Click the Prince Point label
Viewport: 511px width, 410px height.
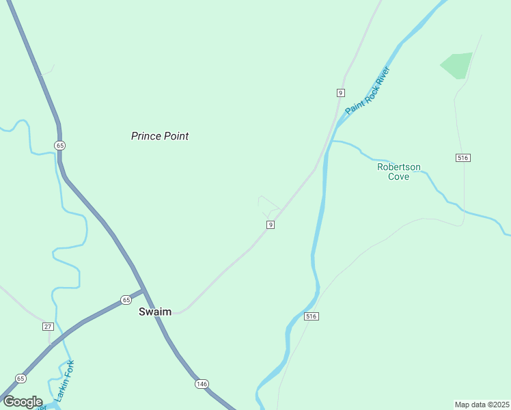[x=160, y=136]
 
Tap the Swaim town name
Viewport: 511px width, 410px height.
[x=155, y=312]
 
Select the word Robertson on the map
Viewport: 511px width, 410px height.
[x=399, y=167]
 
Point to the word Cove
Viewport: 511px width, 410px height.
[x=399, y=176]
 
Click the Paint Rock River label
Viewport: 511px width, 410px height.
[x=368, y=91]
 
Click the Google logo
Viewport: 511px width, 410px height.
[x=23, y=402]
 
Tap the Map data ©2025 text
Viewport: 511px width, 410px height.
[x=482, y=404]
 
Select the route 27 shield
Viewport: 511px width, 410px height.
[x=48, y=327]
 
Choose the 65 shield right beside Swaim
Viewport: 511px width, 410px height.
[x=126, y=300]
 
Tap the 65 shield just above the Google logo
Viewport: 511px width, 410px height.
[x=20, y=379]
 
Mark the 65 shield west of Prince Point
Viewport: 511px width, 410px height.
[x=60, y=146]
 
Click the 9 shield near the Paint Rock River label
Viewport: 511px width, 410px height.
[x=340, y=92]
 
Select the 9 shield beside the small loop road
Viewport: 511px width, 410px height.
[x=271, y=225]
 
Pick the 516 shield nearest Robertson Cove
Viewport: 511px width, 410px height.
[x=463, y=158]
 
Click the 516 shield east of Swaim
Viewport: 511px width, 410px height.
[x=312, y=316]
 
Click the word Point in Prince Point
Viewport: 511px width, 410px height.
[x=176, y=136]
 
